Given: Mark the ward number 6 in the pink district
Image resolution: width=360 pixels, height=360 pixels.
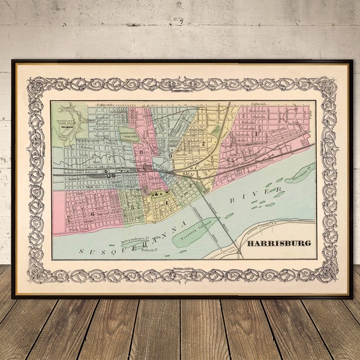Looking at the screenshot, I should click(x=92, y=213).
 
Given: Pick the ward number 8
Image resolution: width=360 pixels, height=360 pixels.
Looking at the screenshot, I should click(x=142, y=152).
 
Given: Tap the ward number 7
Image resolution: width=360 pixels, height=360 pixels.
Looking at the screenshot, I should click(x=109, y=158).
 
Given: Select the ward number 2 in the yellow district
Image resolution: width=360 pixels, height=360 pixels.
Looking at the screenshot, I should click(x=203, y=144).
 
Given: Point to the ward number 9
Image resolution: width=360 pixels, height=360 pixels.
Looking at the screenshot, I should click(x=170, y=156).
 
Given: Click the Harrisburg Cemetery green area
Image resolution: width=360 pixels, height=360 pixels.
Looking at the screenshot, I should click(x=128, y=136).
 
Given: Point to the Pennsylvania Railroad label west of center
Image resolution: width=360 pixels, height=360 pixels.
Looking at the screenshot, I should click(x=81, y=172).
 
